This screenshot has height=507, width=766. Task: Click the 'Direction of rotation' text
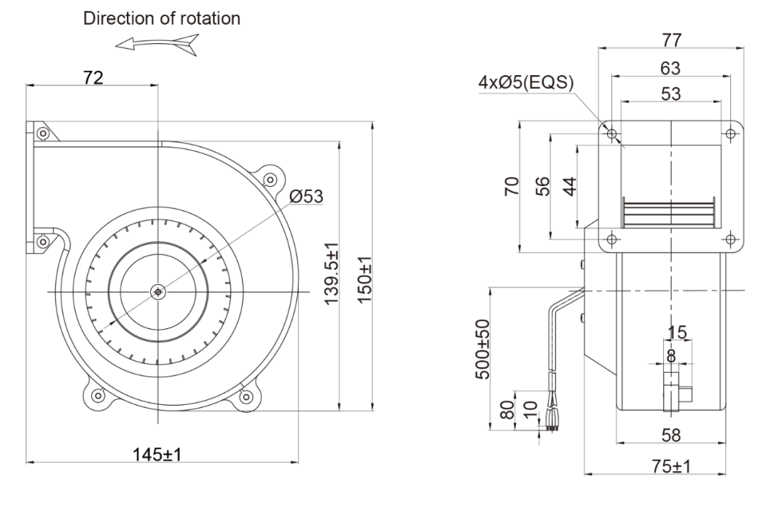click(x=161, y=18)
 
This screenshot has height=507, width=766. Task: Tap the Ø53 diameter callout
click(x=306, y=196)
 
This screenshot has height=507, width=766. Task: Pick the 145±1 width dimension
click(x=157, y=453)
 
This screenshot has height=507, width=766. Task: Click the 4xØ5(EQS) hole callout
click(x=525, y=82)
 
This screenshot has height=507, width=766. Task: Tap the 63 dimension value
click(x=670, y=68)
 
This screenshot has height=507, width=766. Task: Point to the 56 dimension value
click(x=542, y=187)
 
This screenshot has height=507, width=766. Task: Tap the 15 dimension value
click(x=677, y=333)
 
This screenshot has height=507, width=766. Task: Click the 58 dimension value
click(x=671, y=436)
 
